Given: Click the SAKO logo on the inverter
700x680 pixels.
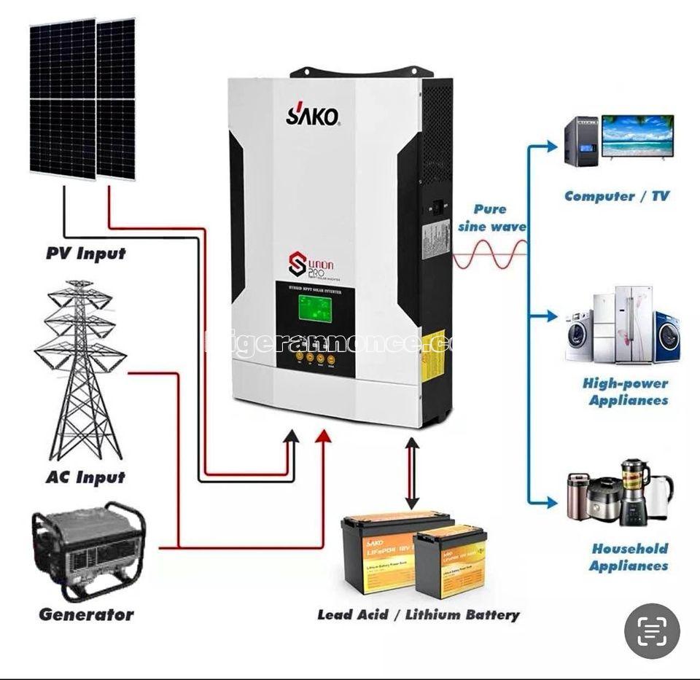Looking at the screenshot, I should point(312,114).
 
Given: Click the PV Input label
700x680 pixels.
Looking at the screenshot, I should point(85,254).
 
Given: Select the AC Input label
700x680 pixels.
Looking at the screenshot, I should point(85,477).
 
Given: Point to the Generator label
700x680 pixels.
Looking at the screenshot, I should point(86,614).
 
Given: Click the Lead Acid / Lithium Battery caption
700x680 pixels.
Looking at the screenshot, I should point(418,614).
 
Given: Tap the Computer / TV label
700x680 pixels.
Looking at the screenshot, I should point(616,196).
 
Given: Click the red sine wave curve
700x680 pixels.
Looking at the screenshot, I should point(489,254).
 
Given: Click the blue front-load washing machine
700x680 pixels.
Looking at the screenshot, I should point(666,337).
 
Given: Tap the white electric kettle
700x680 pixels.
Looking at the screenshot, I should point(661,495).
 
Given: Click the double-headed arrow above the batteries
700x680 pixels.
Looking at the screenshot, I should point(412,474).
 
